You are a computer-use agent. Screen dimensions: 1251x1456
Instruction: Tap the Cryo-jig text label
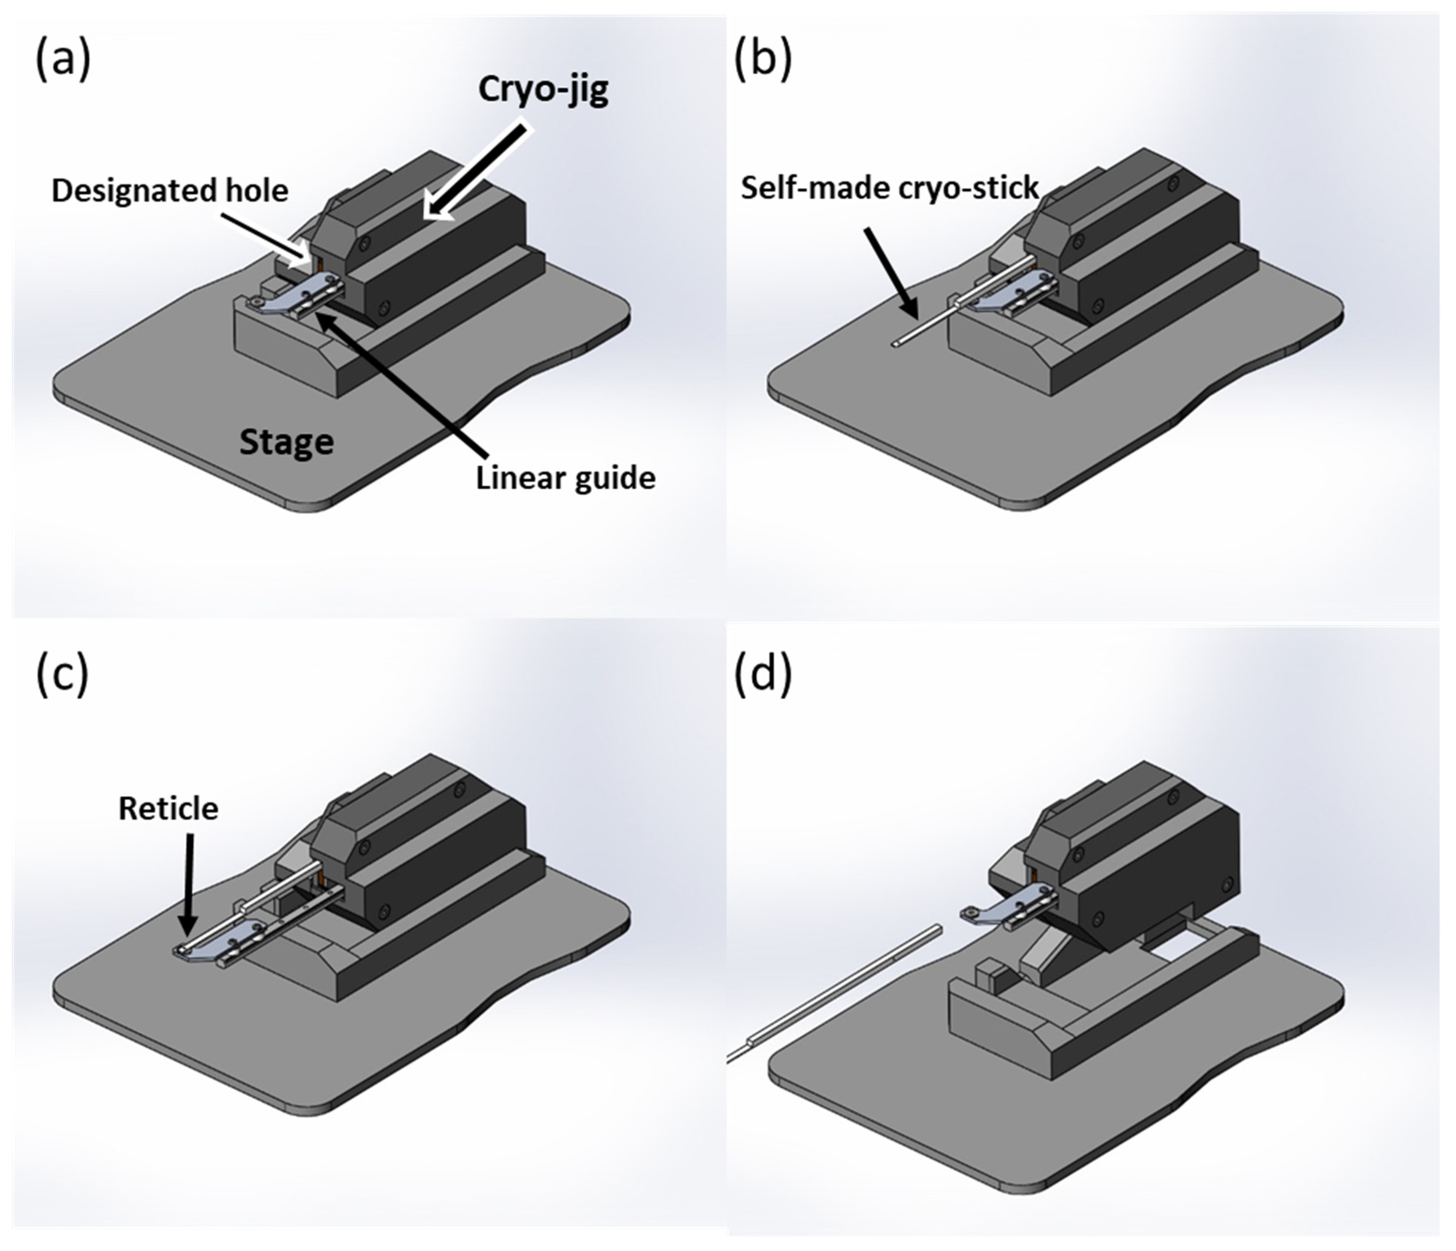543,90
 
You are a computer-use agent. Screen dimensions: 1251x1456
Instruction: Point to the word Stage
286,442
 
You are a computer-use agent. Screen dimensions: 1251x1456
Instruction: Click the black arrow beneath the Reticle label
188,885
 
